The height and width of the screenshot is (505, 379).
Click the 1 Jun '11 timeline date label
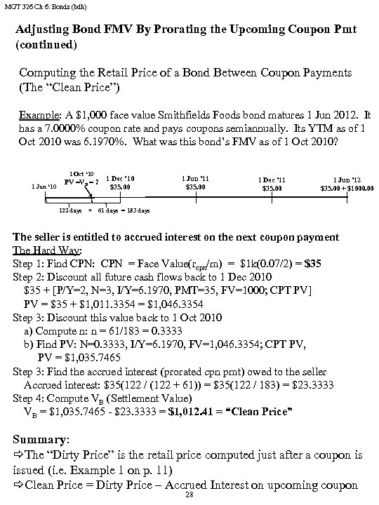click(194, 179)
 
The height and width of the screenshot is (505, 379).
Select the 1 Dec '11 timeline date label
click(270, 180)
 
